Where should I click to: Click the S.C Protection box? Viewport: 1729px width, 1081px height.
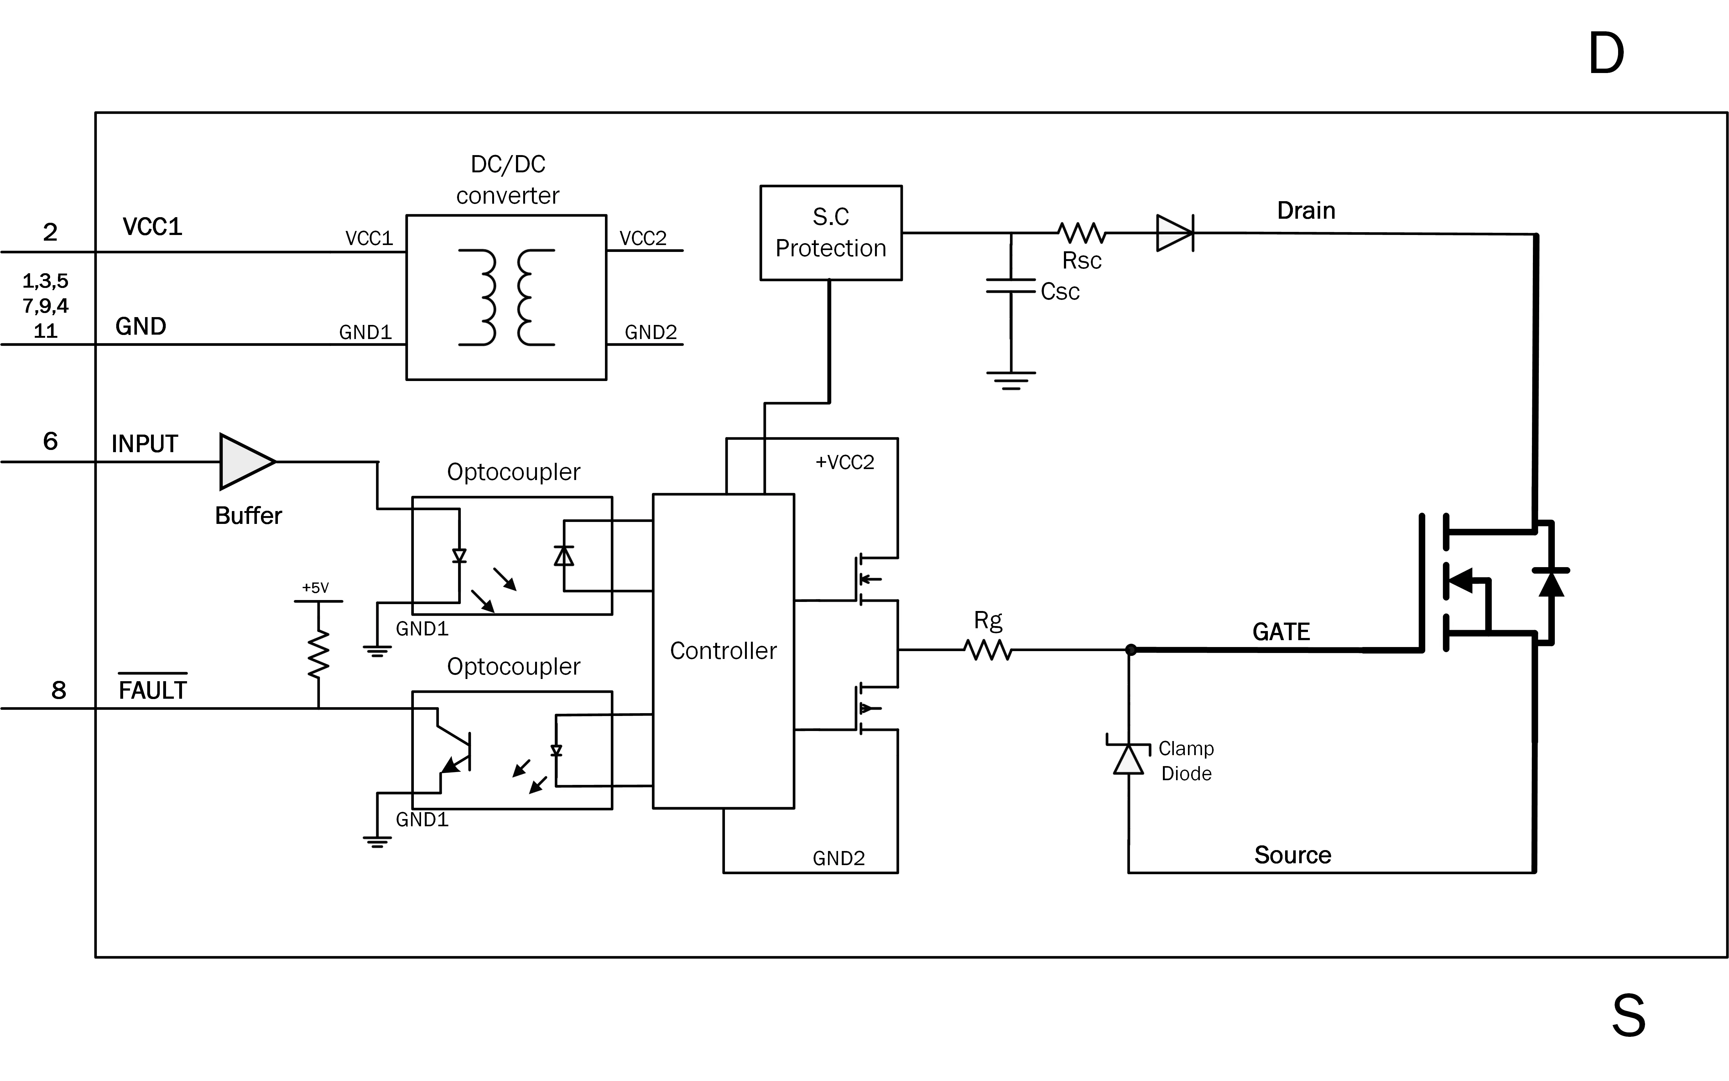click(x=831, y=233)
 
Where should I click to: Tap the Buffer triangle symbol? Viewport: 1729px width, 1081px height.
click(x=244, y=462)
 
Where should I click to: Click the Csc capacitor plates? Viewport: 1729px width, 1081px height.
click(x=1011, y=286)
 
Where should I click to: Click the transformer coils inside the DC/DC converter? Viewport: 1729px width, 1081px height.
click(x=506, y=297)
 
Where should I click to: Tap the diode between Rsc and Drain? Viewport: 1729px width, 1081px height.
click(x=1174, y=233)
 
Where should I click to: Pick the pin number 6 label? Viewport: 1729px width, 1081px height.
click(x=50, y=441)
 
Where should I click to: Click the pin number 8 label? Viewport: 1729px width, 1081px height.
click(x=59, y=690)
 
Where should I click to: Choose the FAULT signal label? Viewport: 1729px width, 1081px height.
click(x=152, y=690)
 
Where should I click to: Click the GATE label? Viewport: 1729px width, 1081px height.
click(x=1281, y=632)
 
